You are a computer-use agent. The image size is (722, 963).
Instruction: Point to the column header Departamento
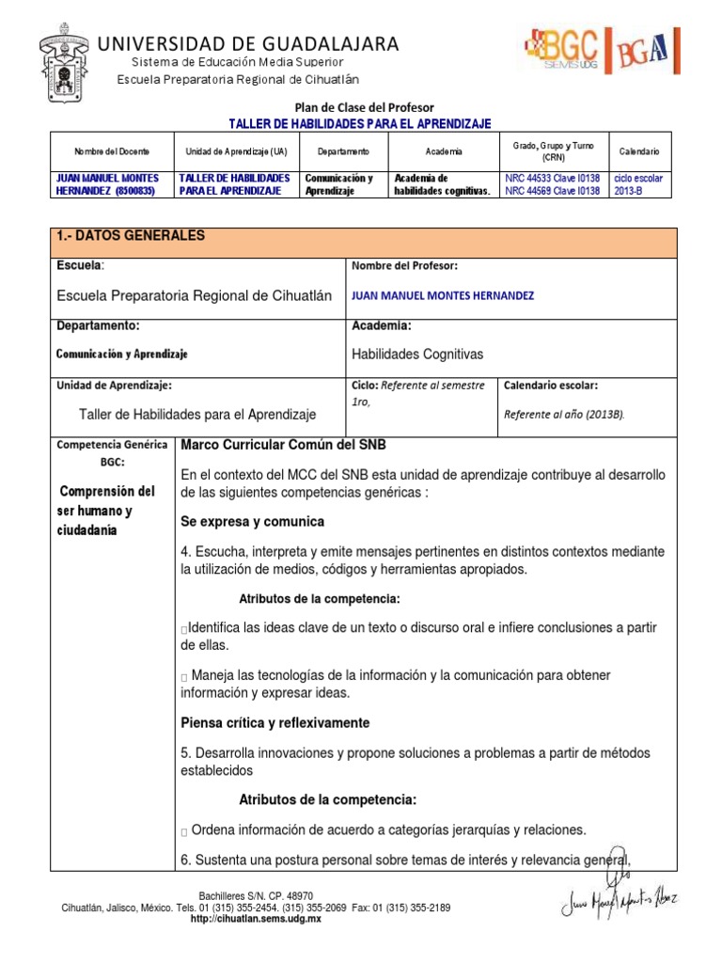click(x=343, y=151)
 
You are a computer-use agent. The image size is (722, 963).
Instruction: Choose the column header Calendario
click(x=639, y=151)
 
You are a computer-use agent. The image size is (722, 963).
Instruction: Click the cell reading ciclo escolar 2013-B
click(x=638, y=183)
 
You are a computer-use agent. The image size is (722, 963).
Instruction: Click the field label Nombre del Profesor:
click(x=404, y=266)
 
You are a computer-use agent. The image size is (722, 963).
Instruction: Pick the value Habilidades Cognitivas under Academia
click(x=416, y=355)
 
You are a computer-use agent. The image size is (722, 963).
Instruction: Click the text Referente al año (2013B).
click(x=564, y=414)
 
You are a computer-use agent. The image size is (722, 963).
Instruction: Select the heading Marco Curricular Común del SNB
click(x=283, y=445)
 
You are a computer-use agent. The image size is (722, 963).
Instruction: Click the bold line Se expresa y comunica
click(x=252, y=521)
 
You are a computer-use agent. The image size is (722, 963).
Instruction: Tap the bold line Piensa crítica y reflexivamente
click(x=275, y=723)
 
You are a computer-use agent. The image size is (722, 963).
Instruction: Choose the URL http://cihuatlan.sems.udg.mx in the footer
click(x=256, y=919)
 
